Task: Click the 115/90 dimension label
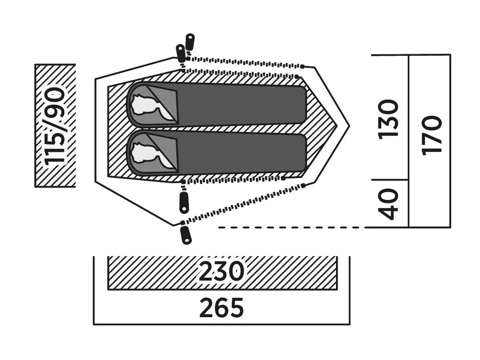tap(55, 126)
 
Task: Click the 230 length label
tap(222, 272)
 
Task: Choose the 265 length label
tap(222, 308)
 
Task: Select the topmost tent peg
tap(190, 42)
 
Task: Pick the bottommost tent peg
tap(186, 235)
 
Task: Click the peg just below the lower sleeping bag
tap(184, 202)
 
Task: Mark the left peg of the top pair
tap(180, 52)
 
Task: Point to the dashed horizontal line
tap(292, 227)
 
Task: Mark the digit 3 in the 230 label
tap(222, 272)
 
